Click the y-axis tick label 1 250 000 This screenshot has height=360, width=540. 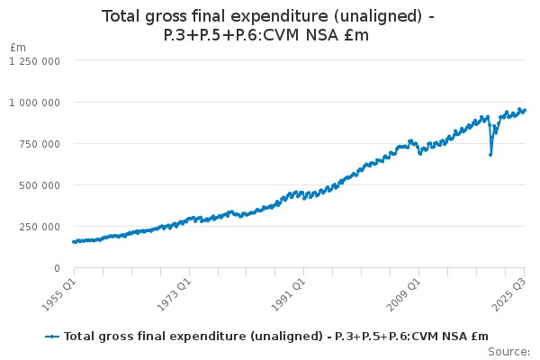(x=34, y=61)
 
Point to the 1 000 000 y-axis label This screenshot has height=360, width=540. (x=34, y=103)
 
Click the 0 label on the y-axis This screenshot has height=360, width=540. (x=57, y=268)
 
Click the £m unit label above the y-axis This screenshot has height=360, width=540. (x=18, y=47)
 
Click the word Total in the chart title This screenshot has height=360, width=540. (x=125, y=16)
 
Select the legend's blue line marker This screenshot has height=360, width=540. (x=52, y=336)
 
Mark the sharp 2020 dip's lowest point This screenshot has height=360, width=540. (x=490, y=155)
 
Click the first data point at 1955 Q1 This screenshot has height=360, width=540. (x=74, y=241)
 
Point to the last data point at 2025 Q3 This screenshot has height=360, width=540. (x=525, y=111)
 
